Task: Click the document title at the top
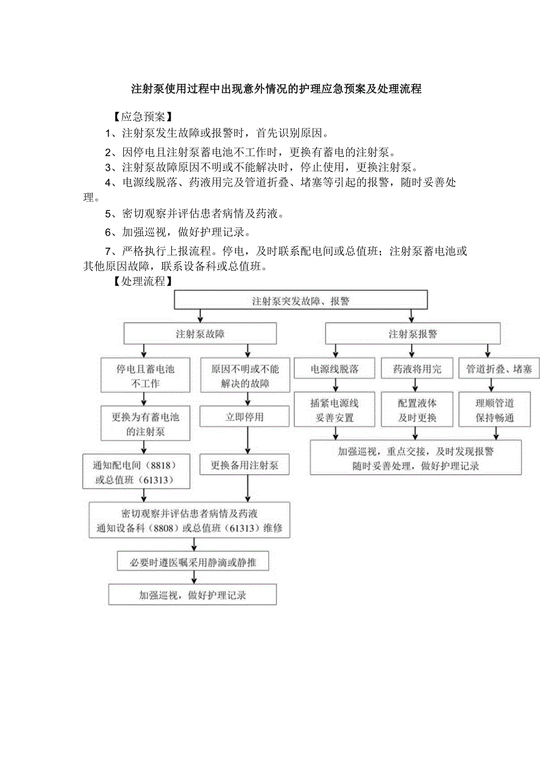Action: (x=276, y=89)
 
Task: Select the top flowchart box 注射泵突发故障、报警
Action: (x=301, y=301)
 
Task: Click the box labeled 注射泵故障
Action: (x=200, y=334)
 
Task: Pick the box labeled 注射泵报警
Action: (x=412, y=334)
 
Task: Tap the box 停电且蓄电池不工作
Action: (x=138, y=376)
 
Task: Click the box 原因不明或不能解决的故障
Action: (x=245, y=376)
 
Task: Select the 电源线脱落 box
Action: (x=334, y=369)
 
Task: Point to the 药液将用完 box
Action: (x=417, y=369)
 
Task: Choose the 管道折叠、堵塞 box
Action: (x=499, y=369)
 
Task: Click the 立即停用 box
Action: (x=245, y=416)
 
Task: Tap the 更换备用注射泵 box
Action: (x=245, y=465)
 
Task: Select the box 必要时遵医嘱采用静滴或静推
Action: (x=193, y=561)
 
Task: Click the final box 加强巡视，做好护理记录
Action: (x=193, y=595)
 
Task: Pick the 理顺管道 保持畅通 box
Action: (x=495, y=410)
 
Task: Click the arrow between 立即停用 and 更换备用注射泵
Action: (x=245, y=441)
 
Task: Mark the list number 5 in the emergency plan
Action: (x=108, y=213)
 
